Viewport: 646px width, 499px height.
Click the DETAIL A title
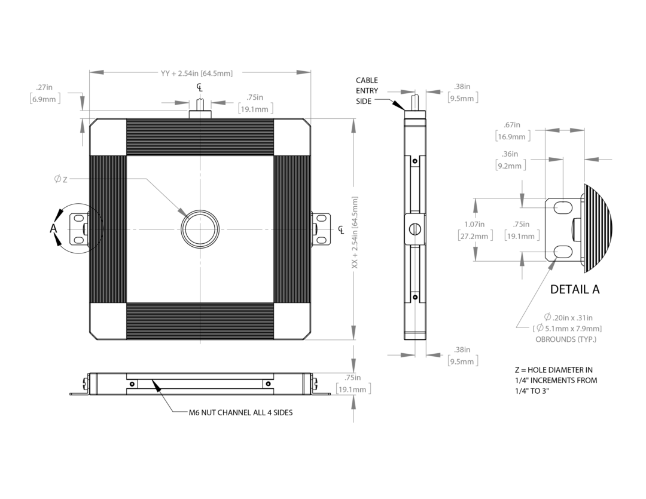coord(575,289)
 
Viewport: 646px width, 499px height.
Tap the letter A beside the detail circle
coord(53,228)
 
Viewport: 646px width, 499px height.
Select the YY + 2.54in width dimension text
coord(197,74)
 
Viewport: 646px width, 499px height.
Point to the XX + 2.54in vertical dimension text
coord(355,232)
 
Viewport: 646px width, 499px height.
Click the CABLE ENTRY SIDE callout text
coord(367,91)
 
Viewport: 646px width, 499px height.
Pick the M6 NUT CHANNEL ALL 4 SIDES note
coord(240,412)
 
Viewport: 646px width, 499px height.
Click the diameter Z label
coord(60,179)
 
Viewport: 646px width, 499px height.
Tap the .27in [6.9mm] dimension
coord(45,93)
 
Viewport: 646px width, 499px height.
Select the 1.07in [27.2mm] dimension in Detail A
coord(476,231)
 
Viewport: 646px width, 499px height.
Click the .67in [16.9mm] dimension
coord(513,131)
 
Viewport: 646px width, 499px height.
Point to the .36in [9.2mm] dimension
coord(511,160)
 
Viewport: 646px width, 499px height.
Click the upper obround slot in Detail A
coord(562,207)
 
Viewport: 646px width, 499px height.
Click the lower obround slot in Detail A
coord(562,251)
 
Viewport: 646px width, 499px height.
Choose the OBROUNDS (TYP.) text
coord(566,339)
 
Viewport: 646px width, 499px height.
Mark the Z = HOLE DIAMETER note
coord(556,381)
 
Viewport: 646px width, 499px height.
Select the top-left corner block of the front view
coord(108,137)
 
